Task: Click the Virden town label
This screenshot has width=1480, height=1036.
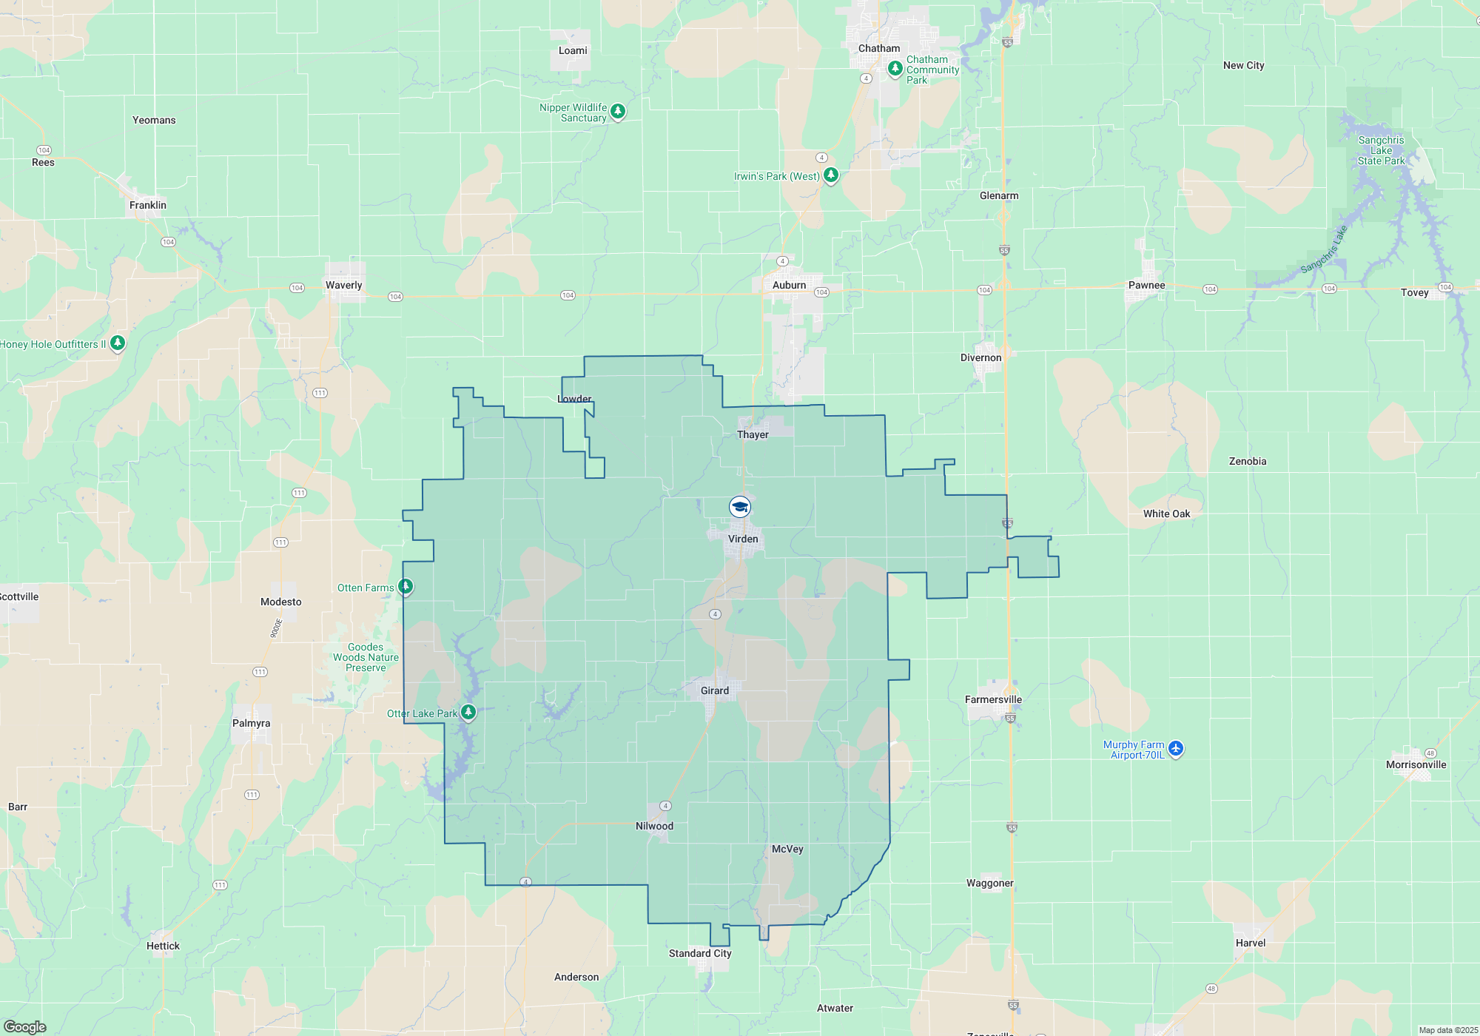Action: [x=743, y=539]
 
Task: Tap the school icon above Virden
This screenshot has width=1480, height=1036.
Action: [x=740, y=507]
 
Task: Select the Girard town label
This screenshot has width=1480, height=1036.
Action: [x=715, y=690]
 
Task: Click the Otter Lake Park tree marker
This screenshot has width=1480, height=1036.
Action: [x=468, y=712]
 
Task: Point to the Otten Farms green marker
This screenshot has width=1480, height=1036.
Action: [x=406, y=587]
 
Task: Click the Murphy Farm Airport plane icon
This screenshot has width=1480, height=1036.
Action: [x=1176, y=749]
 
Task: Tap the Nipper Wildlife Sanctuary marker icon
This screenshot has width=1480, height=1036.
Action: [x=618, y=111]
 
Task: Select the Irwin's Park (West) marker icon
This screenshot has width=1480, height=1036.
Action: [x=831, y=175]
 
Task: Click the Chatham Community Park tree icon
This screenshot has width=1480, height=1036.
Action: [x=895, y=69]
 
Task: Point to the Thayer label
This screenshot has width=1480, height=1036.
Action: [x=753, y=434]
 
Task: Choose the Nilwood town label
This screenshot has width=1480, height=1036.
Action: [x=654, y=826]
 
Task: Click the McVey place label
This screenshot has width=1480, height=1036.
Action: [x=787, y=849]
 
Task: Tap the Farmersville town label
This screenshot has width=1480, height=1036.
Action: [x=993, y=699]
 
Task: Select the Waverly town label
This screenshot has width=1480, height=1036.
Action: [x=344, y=285]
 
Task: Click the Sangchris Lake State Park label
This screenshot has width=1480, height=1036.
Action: [x=1381, y=150]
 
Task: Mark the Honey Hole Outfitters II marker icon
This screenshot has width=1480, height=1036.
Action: [x=118, y=343]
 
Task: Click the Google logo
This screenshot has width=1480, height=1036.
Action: [x=25, y=1026]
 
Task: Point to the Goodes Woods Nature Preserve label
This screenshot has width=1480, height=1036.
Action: [x=366, y=657]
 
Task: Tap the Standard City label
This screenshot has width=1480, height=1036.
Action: [x=700, y=953]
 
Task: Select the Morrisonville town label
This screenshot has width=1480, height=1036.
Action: [x=1416, y=764]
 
